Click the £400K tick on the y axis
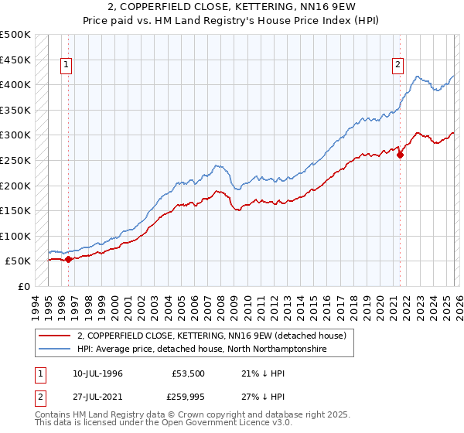[x=15, y=84]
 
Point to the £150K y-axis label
[x=15, y=210]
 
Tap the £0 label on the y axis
[x=24, y=286]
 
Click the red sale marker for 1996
[x=68, y=259]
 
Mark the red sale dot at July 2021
[x=401, y=155]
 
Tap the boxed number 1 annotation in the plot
[x=67, y=66]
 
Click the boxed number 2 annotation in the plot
[x=397, y=66]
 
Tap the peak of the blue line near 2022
[x=418, y=77]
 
